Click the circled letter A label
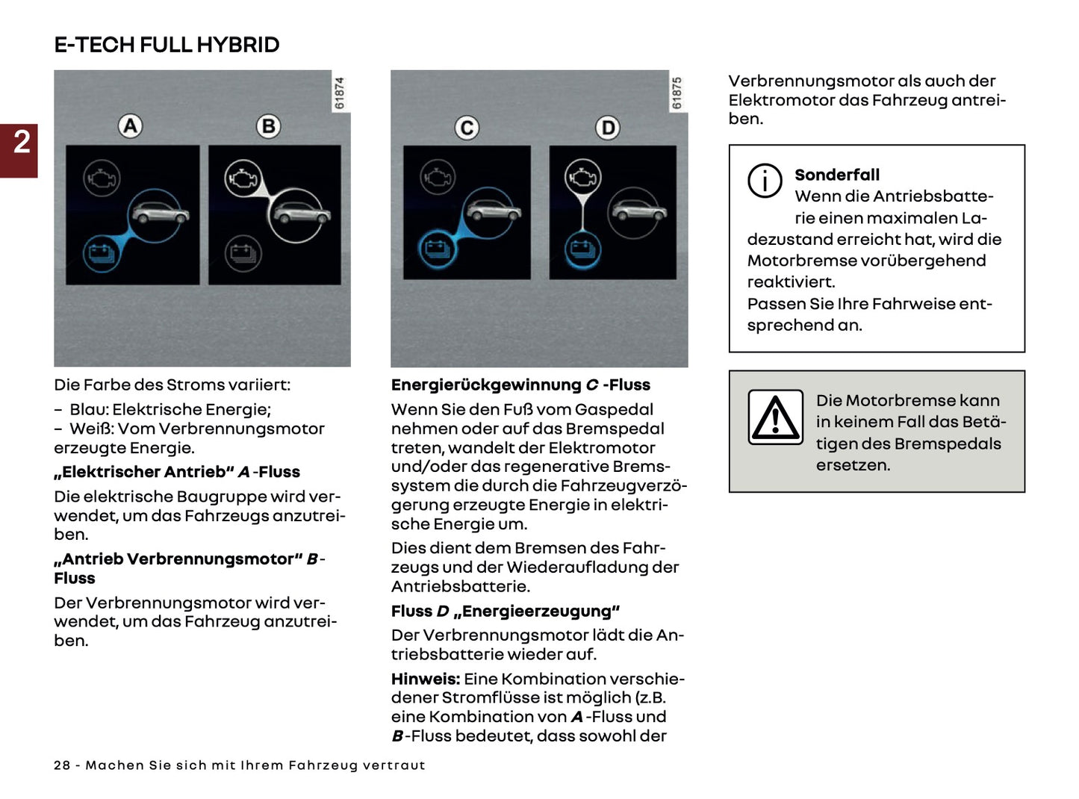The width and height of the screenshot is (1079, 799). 131,126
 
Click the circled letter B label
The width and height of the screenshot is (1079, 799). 268,126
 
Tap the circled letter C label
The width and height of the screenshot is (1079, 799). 467,128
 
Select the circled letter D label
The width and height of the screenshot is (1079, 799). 608,128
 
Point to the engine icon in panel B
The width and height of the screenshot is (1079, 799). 243,179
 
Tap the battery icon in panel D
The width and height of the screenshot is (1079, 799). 582,249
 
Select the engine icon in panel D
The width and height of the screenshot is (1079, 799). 582,178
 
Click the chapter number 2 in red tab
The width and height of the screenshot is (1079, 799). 22,143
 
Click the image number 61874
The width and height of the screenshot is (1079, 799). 340,93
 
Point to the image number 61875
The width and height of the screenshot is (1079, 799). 677,93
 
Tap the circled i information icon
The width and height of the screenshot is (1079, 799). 765,181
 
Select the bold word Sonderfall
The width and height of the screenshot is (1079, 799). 836,175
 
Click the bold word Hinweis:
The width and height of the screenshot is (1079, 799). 425,679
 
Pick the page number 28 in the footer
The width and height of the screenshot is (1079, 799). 62,765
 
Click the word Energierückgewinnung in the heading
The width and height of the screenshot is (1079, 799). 485,385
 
